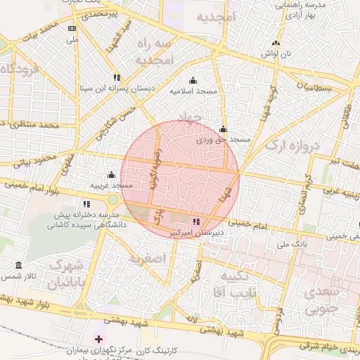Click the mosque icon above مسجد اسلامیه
(x=193, y=81)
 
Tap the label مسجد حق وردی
(x=223, y=140)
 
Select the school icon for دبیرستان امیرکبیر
(x=195, y=222)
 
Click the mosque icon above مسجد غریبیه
(x=111, y=175)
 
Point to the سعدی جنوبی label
(x=324, y=299)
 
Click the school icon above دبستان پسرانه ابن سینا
(x=116, y=77)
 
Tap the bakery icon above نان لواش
(x=276, y=43)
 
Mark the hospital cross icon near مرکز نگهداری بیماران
(x=98, y=340)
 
